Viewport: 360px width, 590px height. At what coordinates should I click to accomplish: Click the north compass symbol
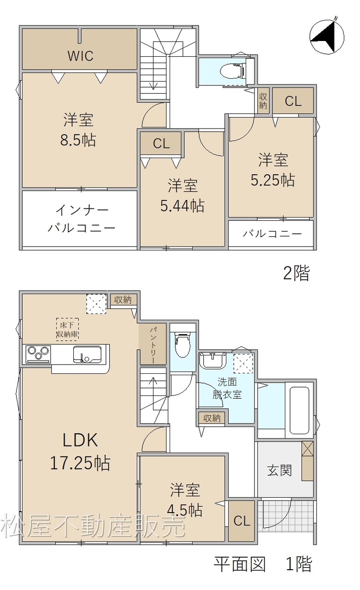pos(327,37)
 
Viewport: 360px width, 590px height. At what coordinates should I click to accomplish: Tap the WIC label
pos(81,56)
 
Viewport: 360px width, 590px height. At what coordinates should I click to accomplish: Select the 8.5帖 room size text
pos(78,140)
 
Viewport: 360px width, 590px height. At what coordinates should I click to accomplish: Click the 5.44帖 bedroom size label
pos(182,206)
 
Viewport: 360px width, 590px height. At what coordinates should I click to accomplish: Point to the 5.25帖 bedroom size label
pos(273,180)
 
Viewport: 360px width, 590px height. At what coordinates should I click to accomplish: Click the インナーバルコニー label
pos(82,219)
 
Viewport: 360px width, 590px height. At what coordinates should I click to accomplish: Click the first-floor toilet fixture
pos(183,344)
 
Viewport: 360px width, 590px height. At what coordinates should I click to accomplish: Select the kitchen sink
pos(87,354)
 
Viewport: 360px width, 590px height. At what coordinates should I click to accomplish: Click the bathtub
pos(300,410)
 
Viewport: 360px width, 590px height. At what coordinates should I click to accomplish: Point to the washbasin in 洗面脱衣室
pos(213,360)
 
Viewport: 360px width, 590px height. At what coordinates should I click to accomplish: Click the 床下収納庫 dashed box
pos(67,330)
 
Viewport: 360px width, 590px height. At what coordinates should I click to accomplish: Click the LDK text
pos(80,440)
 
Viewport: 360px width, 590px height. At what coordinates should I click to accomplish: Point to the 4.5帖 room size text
pos(185,510)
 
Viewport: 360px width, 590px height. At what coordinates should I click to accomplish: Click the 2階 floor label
pos(296,273)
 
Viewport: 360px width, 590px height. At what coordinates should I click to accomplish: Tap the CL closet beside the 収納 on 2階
pos(293,101)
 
